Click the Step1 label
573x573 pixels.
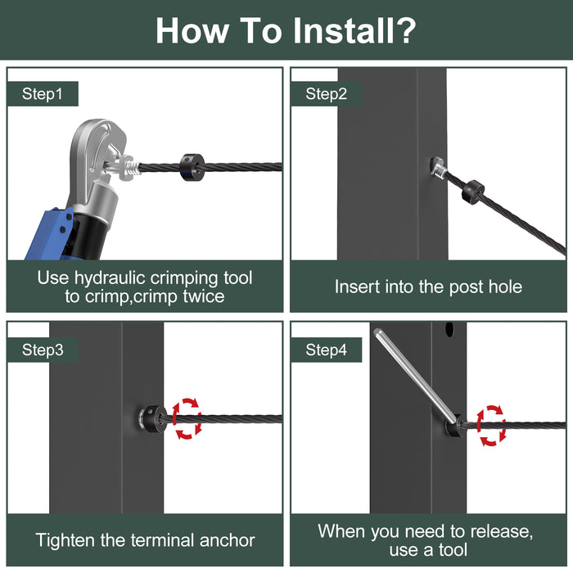tap(42, 94)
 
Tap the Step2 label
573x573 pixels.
tap(326, 94)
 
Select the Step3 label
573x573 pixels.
tap(43, 350)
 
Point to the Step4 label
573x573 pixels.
tap(326, 350)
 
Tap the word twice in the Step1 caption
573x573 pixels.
tap(204, 296)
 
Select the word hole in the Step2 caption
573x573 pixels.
tap(505, 286)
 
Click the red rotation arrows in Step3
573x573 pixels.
tap(187, 418)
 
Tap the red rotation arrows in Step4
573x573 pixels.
tap(491, 426)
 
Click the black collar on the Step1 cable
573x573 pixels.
tap(192, 167)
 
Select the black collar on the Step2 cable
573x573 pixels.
tap(473, 192)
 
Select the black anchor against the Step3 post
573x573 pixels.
tap(151, 419)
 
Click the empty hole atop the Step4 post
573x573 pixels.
tap(449, 330)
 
